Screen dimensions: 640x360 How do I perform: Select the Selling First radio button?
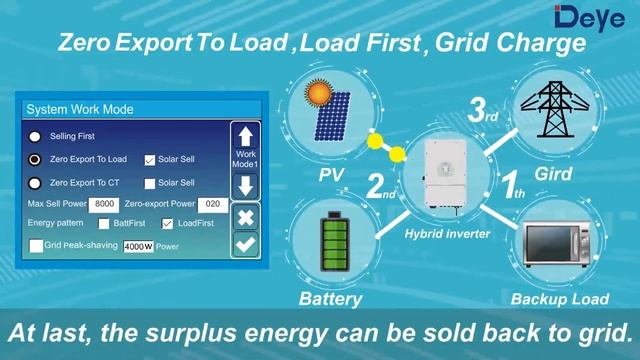[x=35, y=136]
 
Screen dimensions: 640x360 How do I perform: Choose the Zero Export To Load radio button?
[x=35, y=159]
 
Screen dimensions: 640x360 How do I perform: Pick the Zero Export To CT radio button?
[x=35, y=183]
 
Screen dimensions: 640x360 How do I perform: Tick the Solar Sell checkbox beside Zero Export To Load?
[x=150, y=159]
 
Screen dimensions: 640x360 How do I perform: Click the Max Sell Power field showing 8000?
[x=104, y=204]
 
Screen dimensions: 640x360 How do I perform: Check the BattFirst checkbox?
[x=104, y=224]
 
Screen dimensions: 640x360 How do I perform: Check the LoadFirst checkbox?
[x=167, y=224]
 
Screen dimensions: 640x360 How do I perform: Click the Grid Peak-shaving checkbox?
[x=36, y=245]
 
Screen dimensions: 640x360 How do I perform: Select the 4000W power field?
[x=138, y=246]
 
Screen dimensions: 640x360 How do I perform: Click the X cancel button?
[x=246, y=216]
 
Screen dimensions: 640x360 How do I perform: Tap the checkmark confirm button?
[x=246, y=243]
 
